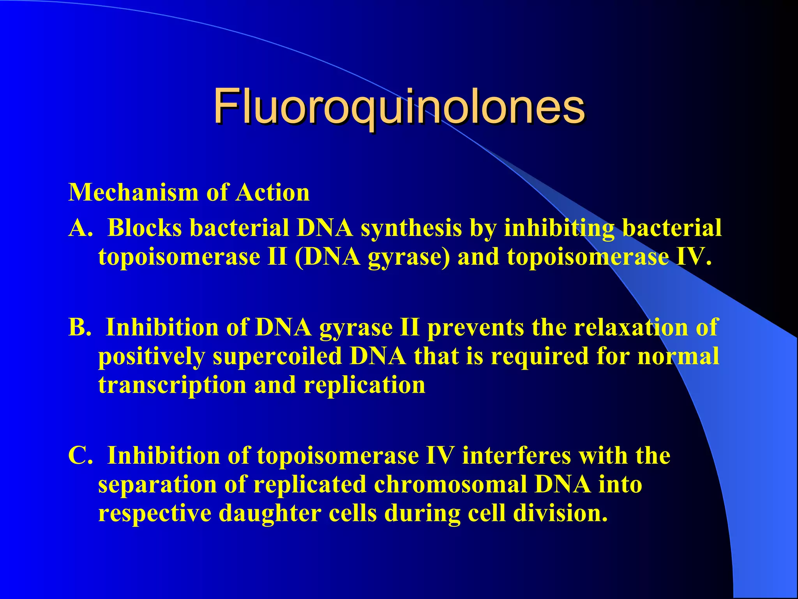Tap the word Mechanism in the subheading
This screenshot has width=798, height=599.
133,193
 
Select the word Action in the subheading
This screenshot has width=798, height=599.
272,193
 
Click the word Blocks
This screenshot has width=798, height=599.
145,228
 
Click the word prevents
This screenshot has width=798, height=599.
475,328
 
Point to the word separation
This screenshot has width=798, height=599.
157,485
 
